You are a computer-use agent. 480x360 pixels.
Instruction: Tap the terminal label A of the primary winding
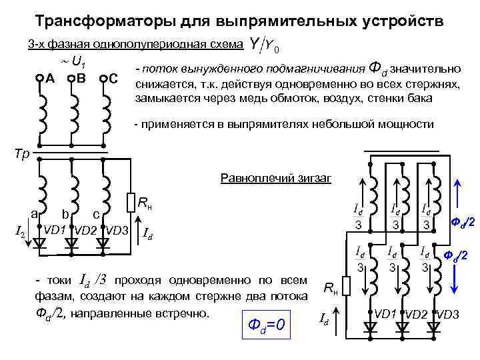pos(49,79)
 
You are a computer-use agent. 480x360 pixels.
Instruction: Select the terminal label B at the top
pos(81,79)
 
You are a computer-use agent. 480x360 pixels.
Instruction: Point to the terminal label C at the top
pos(113,79)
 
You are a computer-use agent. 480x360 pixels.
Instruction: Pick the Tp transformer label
pos(22,153)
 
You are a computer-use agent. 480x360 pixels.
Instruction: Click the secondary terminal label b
pos(65,215)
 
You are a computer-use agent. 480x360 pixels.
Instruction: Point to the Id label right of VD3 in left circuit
pos(150,233)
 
